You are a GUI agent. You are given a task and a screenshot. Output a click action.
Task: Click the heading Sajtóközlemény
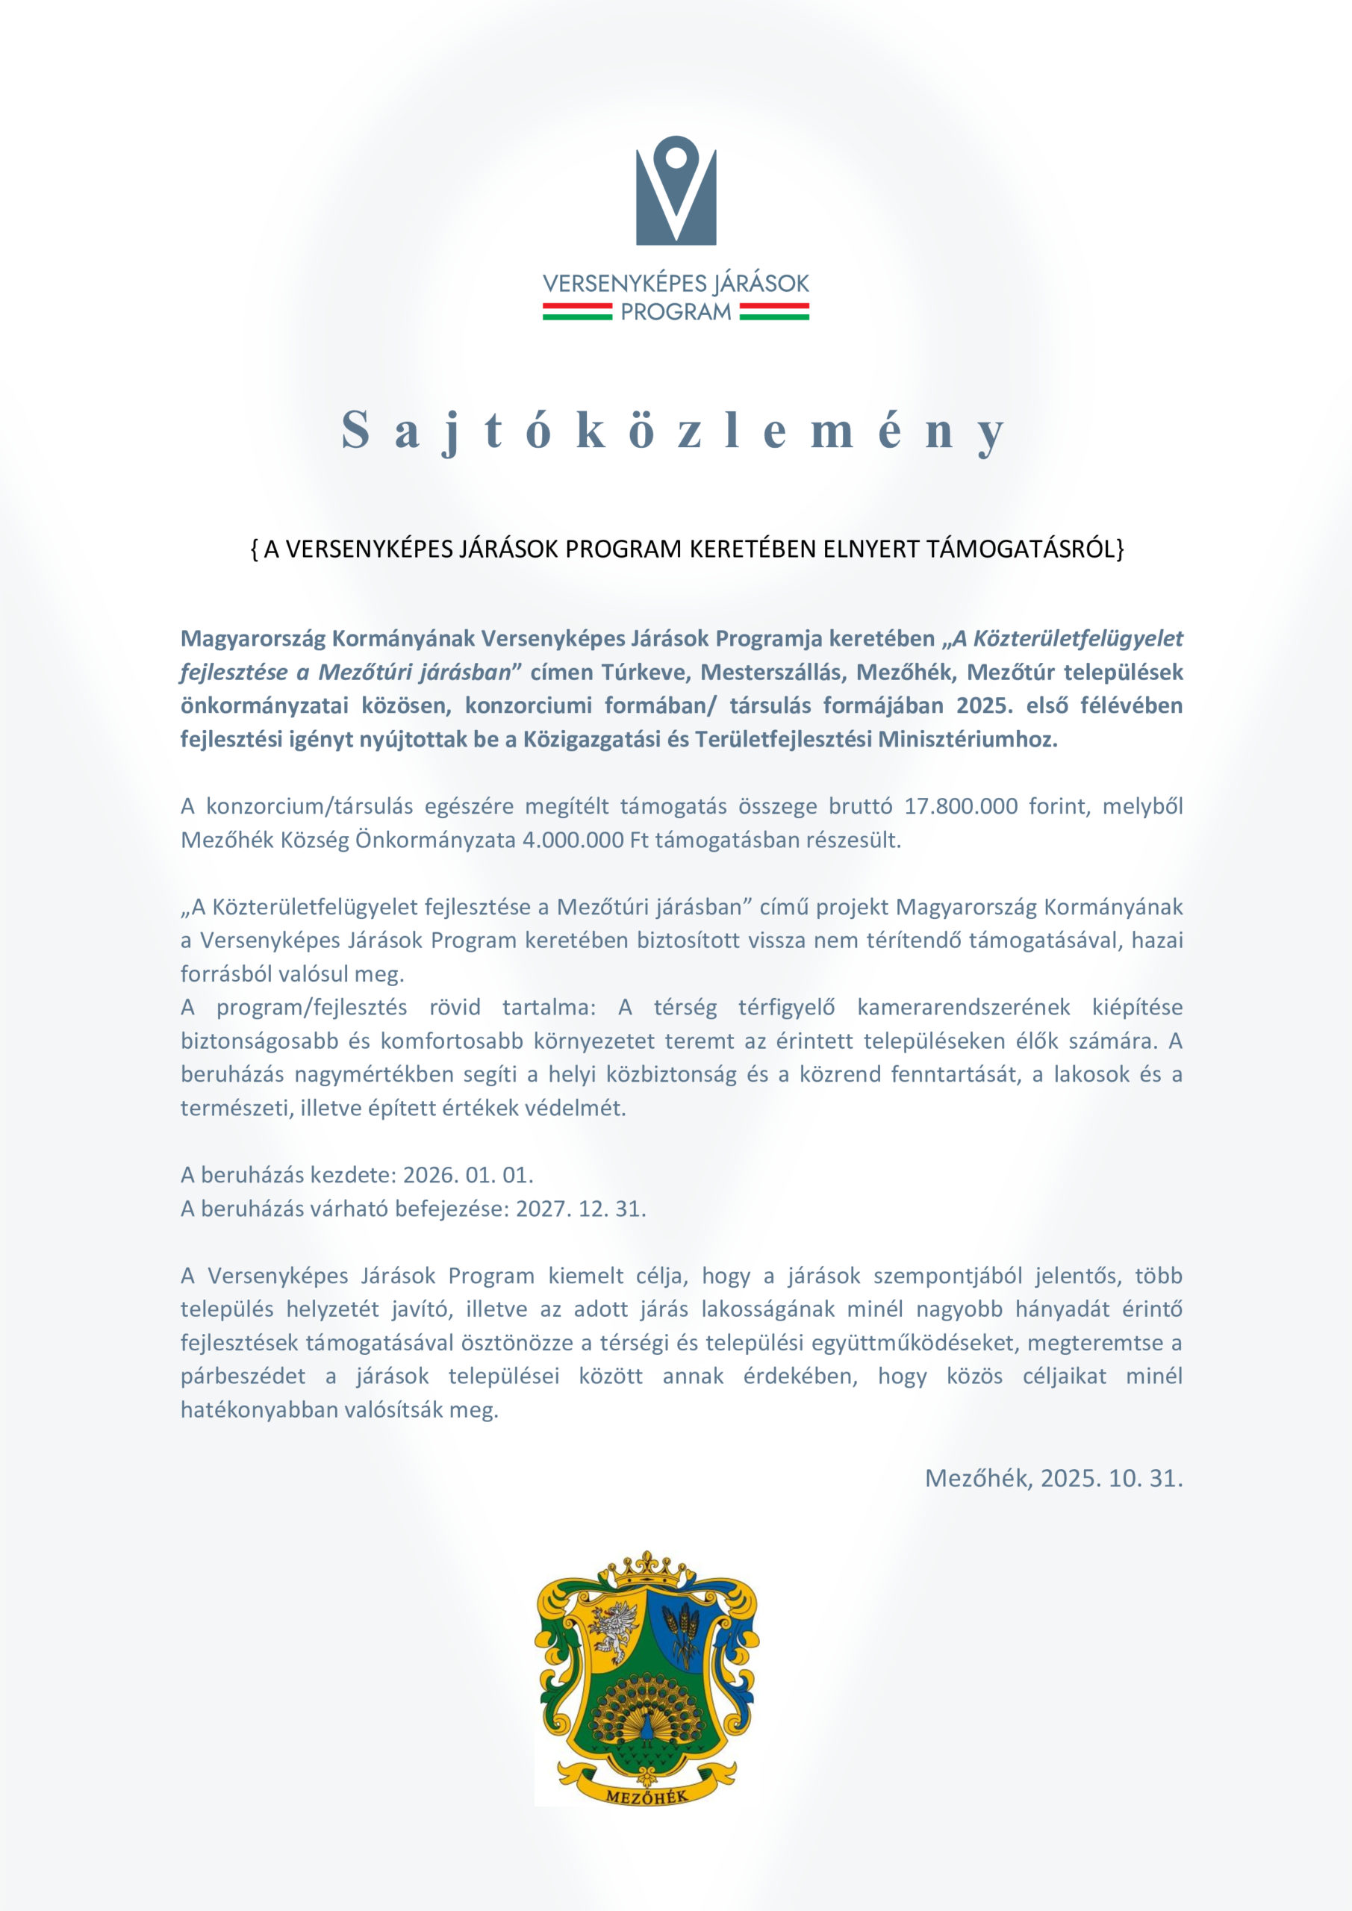coord(674,431)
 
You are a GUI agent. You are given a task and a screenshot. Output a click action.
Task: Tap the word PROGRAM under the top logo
coord(676,312)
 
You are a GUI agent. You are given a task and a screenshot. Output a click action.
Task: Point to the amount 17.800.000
coord(961,805)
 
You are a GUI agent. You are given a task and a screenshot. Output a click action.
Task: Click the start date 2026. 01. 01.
coord(468,1174)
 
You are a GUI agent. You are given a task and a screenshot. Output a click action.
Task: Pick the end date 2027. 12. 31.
coord(581,1209)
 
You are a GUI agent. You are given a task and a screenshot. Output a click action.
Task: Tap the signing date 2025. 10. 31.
coord(1112,1478)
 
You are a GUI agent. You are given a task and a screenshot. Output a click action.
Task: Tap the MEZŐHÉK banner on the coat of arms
coord(647,1795)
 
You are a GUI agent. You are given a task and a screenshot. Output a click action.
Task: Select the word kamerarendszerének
coord(963,1007)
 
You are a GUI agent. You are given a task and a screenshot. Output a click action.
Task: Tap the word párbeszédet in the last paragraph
coord(243,1377)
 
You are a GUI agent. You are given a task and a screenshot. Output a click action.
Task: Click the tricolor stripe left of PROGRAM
coord(577,312)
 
